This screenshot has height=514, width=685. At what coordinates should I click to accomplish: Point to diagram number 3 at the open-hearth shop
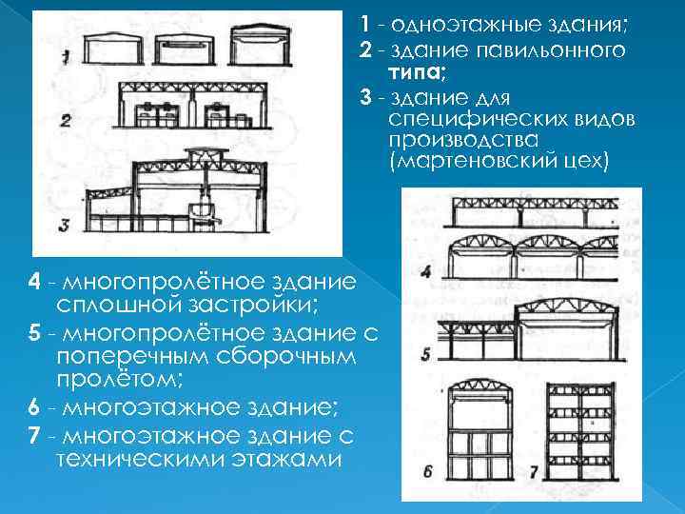(64, 225)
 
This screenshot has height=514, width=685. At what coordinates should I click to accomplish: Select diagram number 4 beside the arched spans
(425, 270)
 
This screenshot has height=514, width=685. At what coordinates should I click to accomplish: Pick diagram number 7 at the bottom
(534, 470)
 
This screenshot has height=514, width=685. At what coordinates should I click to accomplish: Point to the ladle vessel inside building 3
(202, 211)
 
